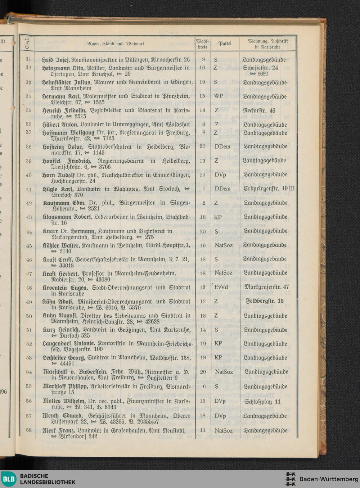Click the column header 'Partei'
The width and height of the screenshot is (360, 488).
tap(225, 44)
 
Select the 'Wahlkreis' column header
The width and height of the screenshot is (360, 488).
tap(203, 44)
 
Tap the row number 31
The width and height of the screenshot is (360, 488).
tap(28, 59)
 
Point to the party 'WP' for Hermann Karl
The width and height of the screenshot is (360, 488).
tap(219, 96)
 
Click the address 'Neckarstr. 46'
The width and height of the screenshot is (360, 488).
tap(259, 110)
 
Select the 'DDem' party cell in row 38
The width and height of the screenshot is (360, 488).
tap(222, 146)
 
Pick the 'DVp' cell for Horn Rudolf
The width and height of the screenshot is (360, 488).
tap(220, 175)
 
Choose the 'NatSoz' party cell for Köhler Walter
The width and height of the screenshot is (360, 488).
tap(224, 245)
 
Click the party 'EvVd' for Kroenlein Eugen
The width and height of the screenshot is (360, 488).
tap(221, 287)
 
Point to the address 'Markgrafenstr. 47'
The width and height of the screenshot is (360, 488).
tap(266, 287)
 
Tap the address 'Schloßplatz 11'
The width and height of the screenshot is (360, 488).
tap(262, 402)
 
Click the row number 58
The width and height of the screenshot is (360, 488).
tap(29, 430)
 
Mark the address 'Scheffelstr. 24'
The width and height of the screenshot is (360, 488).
tap(260, 68)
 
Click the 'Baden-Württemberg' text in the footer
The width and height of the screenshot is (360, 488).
tap(329, 479)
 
